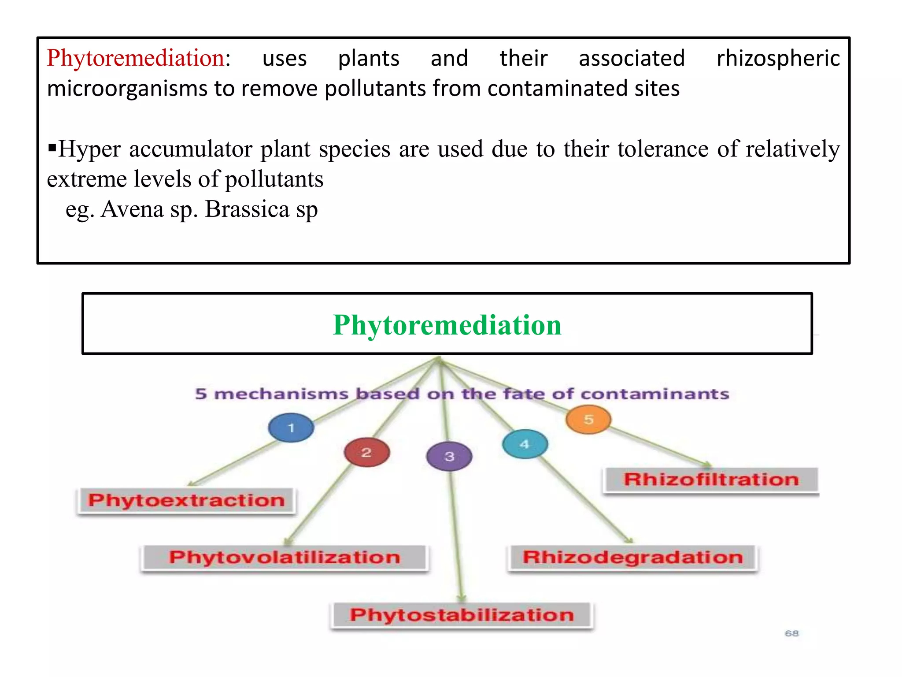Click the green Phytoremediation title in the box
[x=447, y=325]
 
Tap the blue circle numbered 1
[x=291, y=428]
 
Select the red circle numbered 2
[x=366, y=452]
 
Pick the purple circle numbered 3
[x=449, y=456]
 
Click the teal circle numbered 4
[x=525, y=444]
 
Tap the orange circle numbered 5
[x=588, y=419]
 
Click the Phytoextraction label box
[x=186, y=501]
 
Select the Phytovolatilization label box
[x=285, y=558]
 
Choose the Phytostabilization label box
[x=462, y=615]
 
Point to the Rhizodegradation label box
[x=632, y=558]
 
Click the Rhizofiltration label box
[x=711, y=480]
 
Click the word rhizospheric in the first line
[x=778, y=59]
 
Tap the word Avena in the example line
[x=132, y=209]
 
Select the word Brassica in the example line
[x=247, y=209]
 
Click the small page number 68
[x=791, y=633]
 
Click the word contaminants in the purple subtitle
[x=655, y=394]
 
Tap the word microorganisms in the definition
[x=127, y=89]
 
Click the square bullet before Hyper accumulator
[x=52, y=146]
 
